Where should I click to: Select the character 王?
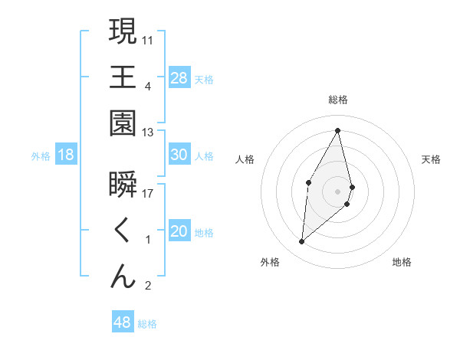[x=123, y=77]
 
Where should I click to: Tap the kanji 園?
[x=123, y=124]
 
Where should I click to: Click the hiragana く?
[x=123, y=231]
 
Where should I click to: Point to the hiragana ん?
[x=123, y=277]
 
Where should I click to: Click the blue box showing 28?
[x=179, y=78]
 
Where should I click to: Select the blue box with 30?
[x=179, y=155]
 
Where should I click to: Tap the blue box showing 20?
[x=179, y=231]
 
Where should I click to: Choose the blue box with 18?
[x=66, y=155]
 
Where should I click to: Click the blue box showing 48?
[x=123, y=322]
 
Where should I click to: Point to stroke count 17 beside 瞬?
[x=148, y=193]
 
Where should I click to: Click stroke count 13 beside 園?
[x=148, y=133]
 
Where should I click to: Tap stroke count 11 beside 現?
[x=148, y=40]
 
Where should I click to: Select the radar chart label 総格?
[x=337, y=100]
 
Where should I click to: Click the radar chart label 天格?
[x=432, y=159]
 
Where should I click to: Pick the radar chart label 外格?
[x=269, y=262]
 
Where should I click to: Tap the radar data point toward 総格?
[x=337, y=130]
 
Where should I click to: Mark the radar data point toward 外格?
[x=302, y=242]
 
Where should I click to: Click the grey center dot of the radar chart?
[x=337, y=190]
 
